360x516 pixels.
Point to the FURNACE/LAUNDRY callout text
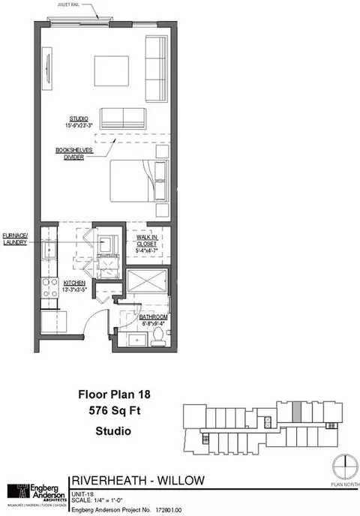[x=14, y=240]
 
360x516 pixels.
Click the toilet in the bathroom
[x=158, y=337]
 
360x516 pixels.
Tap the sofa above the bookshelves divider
[x=123, y=118]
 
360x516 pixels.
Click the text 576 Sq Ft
[x=109, y=411]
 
